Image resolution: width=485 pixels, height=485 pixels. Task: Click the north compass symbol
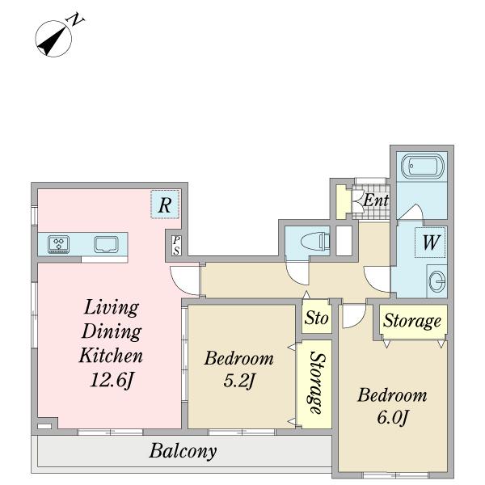(53, 39)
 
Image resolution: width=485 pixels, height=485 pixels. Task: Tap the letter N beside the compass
(75, 19)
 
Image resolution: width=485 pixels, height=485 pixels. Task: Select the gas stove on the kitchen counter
(58, 244)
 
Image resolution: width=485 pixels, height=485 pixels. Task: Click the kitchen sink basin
(106, 245)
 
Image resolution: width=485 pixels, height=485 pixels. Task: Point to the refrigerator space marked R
(165, 205)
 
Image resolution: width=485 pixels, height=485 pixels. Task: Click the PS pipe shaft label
(176, 245)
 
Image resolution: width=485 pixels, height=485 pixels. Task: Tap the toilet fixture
(315, 241)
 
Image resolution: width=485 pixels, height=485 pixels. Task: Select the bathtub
(422, 167)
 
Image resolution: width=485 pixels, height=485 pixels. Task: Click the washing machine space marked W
(430, 242)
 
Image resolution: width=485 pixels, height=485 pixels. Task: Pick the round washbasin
(438, 281)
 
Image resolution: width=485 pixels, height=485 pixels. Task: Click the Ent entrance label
(376, 200)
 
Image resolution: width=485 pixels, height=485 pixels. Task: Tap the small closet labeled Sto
(316, 317)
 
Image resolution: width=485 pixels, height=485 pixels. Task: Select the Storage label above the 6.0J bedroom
(412, 321)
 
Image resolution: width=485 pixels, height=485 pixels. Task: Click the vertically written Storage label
(317, 383)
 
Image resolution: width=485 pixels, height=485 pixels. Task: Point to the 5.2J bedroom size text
(238, 381)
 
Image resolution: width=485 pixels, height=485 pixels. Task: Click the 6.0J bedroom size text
(393, 417)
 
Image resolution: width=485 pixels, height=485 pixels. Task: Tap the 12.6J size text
(112, 380)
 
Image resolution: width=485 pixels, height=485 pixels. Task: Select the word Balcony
(183, 451)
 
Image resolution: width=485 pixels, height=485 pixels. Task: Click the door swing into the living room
(184, 280)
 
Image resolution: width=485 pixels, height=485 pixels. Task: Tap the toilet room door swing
(297, 273)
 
